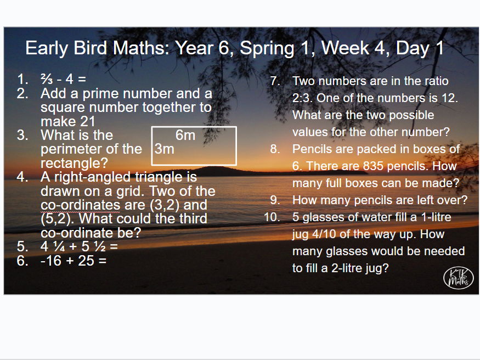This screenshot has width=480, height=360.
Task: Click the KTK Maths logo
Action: [458, 278]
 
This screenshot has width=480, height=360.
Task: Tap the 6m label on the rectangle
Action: [185, 135]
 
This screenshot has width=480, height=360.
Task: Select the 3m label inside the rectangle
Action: [165, 149]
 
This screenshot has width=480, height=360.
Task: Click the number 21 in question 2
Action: [87, 121]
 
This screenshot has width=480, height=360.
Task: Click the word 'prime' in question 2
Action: [98, 94]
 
